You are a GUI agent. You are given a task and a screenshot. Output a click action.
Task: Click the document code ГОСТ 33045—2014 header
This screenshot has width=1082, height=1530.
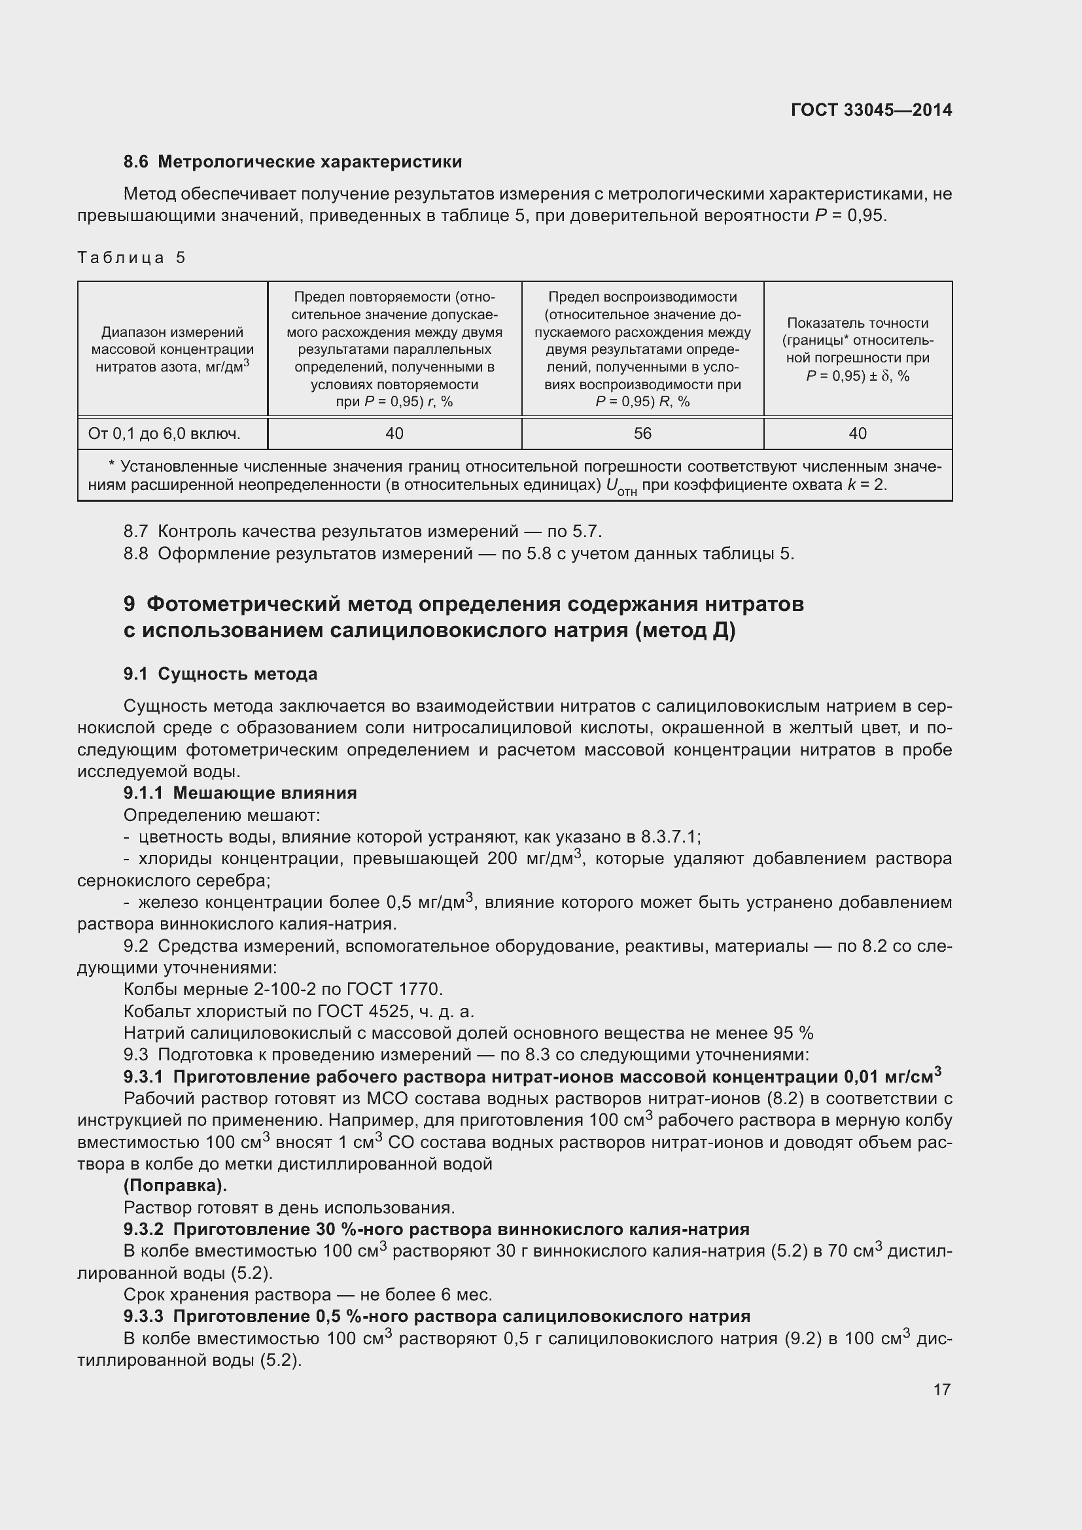(x=871, y=110)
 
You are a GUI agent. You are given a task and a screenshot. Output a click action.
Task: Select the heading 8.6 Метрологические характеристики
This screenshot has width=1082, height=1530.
(x=292, y=162)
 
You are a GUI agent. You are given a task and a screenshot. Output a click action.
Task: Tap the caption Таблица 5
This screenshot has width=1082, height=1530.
(x=131, y=257)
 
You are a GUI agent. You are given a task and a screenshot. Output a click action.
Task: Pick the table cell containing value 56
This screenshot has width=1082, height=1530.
(x=642, y=434)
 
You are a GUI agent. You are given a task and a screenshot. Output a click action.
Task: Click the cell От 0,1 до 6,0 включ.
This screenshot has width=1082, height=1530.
(x=164, y=434)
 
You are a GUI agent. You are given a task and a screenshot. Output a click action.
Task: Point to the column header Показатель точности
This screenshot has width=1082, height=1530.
(x=858, y=323)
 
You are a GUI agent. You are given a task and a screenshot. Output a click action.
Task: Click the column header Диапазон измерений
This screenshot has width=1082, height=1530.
(x=172, y=332)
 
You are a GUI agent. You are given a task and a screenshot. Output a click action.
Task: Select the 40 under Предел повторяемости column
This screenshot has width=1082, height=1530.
(x=394, y=434)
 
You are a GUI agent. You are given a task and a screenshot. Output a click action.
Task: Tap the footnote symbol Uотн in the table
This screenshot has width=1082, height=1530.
(x=620, y=487)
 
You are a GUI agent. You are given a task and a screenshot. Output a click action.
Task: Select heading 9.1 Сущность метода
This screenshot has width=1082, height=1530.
(x=220, y=674)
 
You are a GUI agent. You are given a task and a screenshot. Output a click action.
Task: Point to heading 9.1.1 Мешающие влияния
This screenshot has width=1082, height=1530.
(x=240, y=793)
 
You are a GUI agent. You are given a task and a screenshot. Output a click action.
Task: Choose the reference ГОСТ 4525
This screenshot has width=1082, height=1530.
(x=362, y=1011)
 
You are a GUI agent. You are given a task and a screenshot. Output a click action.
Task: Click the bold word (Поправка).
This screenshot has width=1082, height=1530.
(x=175, y=1186)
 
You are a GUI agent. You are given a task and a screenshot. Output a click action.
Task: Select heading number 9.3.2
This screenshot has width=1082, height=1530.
(x=143, y=1230)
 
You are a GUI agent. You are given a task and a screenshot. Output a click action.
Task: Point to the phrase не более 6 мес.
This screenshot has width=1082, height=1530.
(x=425, y=1295)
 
